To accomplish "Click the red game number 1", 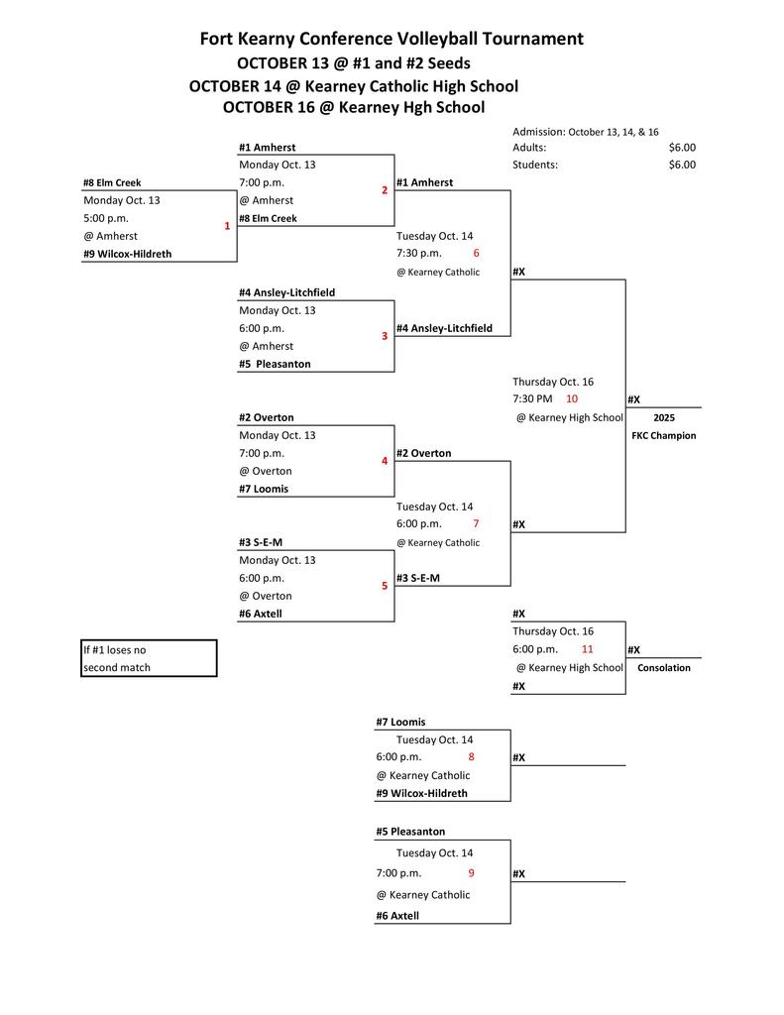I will point(226,226).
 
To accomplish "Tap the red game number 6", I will point(476,253).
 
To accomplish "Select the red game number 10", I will point(572,398).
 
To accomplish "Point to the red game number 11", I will point(587,649).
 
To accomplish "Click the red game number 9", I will point(472,873).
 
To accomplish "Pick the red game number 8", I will point(472,757).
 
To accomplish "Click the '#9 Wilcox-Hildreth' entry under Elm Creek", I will point(127,254).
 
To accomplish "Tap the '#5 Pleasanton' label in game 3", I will point(275,364).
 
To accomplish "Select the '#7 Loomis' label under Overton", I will point(263,489).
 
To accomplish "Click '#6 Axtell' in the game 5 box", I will point(261,614).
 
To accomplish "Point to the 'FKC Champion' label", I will point(663,435).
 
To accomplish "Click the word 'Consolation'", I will point(663,668).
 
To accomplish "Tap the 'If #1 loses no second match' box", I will point(149,658).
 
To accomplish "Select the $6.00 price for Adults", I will point(682,148).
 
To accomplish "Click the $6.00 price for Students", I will point(682,165).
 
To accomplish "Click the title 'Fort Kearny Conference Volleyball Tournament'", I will point(392,39).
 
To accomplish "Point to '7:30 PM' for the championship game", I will point(532,398).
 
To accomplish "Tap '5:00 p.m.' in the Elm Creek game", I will point(106,218).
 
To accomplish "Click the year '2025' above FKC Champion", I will point(663,418).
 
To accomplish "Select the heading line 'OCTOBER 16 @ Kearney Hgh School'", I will point(354,107).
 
